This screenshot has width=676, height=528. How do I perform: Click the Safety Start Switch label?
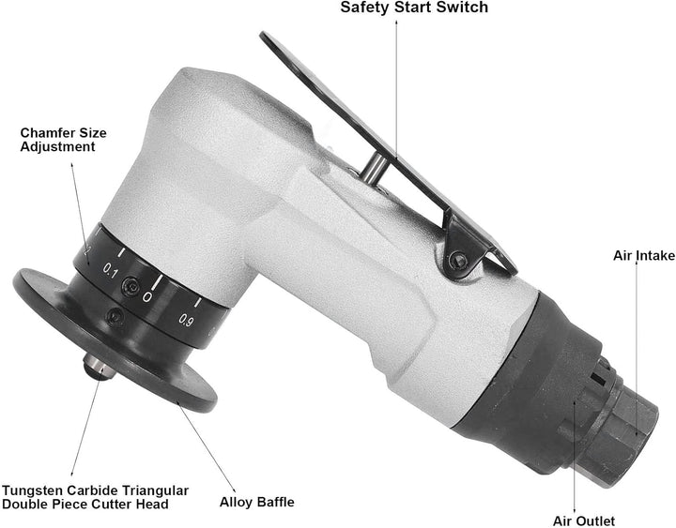pyautogui.click(x=414, y=8)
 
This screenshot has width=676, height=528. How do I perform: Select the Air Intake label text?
pyautogui.click(x=644, y=255)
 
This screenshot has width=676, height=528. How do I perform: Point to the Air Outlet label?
pyautogui.click(x=584, y=520)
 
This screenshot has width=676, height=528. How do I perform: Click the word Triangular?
pyautogui.click(x=155, y=491)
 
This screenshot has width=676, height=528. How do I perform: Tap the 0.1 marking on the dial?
pyautogui.click(x=111, y=271)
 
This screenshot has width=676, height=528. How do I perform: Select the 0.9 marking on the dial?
pyautogui.click(x=186, y=321)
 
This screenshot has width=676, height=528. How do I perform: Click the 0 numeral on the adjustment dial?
pyautogui.click(x=147, y=296)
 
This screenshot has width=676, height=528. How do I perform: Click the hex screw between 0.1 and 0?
pyautogui.click(x=130, y=285)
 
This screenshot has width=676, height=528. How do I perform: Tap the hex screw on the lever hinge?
pyautogui.click(x=459, y=261)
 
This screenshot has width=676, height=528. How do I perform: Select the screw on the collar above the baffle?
pyautogui.click(x=115, y=317)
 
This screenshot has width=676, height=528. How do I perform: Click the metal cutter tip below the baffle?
pyautogui.click(x=100, y=367)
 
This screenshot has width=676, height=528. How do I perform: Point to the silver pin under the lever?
pyautogui.click(x=374, y=169)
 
